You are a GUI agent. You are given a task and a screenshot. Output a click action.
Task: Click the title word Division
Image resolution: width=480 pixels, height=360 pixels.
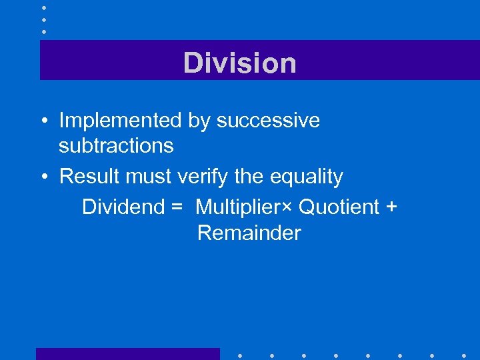[240, 63]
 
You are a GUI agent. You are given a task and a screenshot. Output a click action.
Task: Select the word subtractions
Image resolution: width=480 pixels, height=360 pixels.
[116, 145]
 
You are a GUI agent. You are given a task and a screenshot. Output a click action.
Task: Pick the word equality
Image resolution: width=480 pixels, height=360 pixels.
[306, 177]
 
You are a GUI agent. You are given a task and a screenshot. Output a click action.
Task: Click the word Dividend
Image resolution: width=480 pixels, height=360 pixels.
[123, 207]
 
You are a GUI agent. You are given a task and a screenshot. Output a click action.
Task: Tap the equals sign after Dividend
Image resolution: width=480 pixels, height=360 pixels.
[176, 207]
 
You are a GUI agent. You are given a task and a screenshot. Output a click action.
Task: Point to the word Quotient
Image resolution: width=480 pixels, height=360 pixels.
[339, 207]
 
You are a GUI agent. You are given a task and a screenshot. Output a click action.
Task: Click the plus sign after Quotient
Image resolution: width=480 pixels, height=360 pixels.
[391, 207]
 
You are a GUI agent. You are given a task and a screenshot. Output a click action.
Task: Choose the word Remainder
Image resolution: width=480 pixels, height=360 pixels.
[249, 233]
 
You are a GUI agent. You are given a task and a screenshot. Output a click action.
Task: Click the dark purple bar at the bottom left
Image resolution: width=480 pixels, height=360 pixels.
[127, 354]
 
